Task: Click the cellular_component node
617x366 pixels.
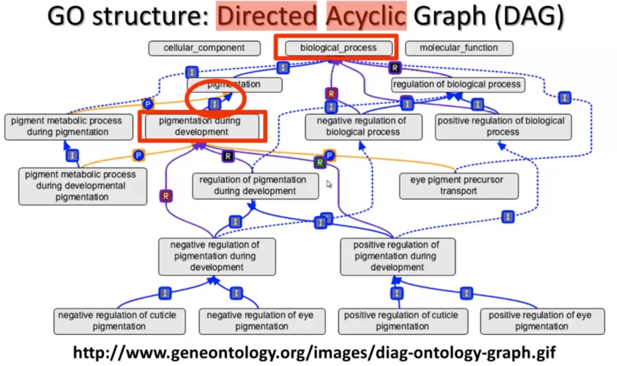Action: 204,48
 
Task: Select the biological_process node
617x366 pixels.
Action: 338,48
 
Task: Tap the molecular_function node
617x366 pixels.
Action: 459,48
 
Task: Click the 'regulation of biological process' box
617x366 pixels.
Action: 457,85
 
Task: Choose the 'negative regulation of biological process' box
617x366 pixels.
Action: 363,126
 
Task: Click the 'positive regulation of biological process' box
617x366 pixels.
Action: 502,126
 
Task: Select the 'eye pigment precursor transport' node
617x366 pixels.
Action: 458,186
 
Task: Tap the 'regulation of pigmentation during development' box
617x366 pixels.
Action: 255,186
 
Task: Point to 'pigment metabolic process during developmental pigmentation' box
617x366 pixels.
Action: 82,186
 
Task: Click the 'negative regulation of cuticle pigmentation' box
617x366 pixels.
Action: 119,321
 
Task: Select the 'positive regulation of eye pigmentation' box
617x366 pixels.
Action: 542,321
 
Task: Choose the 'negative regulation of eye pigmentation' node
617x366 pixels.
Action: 262,321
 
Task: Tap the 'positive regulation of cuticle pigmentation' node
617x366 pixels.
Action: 402,321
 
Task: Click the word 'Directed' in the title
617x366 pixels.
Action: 267,16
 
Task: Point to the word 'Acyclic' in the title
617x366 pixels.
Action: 366,16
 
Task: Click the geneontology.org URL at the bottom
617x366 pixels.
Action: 314,352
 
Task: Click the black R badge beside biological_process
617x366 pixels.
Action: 394,68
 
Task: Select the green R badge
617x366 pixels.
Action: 320,162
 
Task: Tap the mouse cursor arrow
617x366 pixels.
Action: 329,184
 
